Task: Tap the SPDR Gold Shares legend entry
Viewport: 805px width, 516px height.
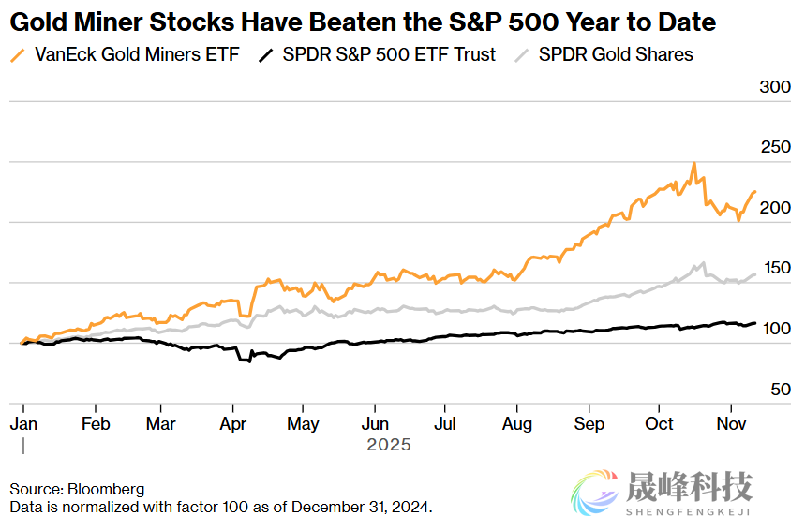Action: point(616,54)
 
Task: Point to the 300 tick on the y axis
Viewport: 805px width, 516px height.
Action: point(774,87)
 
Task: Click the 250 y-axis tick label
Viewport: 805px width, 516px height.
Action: point(774,147)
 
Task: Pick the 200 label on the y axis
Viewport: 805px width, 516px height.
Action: point(774,208)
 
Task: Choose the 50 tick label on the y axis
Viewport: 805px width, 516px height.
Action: point(781,389)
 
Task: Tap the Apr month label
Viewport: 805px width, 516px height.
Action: point(234,423)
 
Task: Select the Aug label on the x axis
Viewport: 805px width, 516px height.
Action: point(517,423)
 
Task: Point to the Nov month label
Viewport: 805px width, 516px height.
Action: point(732,423)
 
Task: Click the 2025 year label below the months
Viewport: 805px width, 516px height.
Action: point(388,445)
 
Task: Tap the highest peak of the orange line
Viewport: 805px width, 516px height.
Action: point(693,164)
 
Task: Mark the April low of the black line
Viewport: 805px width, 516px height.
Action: point(249,361)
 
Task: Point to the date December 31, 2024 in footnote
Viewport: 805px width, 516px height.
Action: point(360,507)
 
